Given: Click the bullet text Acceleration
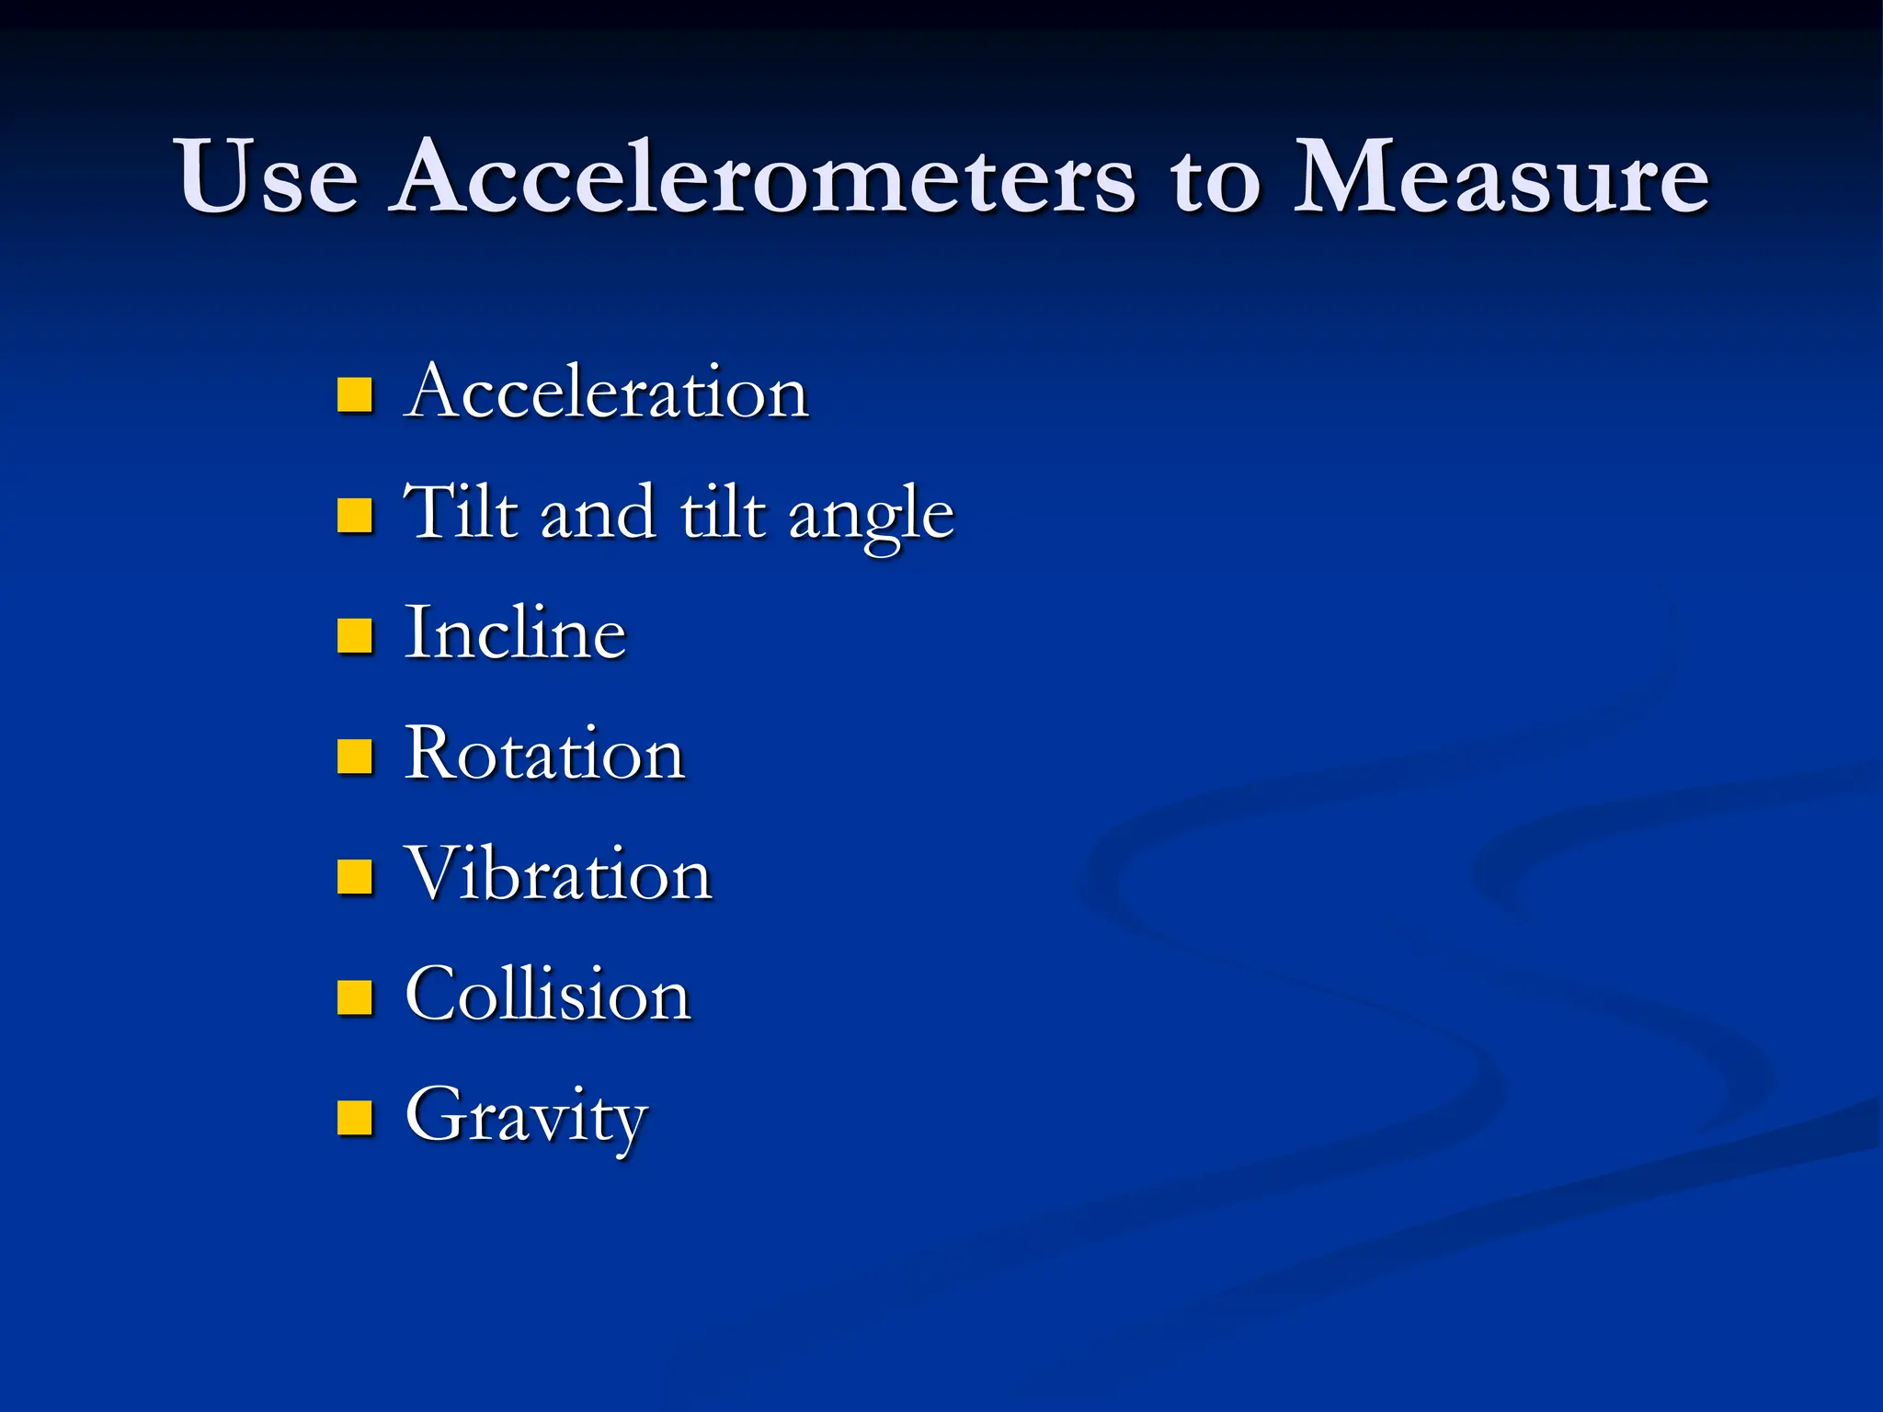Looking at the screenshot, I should (606, 392).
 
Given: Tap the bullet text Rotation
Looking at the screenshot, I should (545, 754).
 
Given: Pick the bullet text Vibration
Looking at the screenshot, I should (559, 874).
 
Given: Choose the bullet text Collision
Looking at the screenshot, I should (548, 995).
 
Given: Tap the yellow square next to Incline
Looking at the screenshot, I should (355, 635).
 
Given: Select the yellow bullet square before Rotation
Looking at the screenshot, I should (355, 757).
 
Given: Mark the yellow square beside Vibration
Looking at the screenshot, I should (355, 877).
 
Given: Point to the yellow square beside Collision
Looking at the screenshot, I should (355, 997).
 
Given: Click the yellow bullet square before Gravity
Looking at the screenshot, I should (355, 1118).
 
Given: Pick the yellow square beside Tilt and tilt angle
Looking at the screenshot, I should (355, 515).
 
